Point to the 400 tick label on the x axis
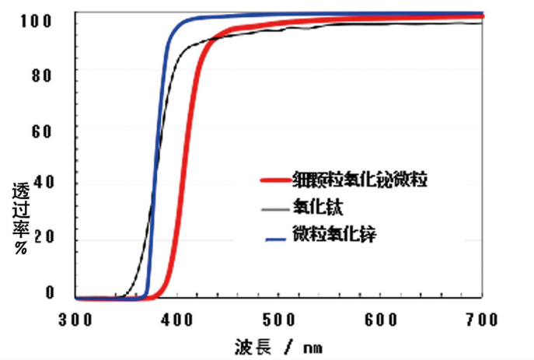coord(180,319)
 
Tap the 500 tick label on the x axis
coord(281,319)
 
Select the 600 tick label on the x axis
coord(382,319)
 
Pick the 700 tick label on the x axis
coord(483,319)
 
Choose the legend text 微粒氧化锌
coord(333,234)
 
